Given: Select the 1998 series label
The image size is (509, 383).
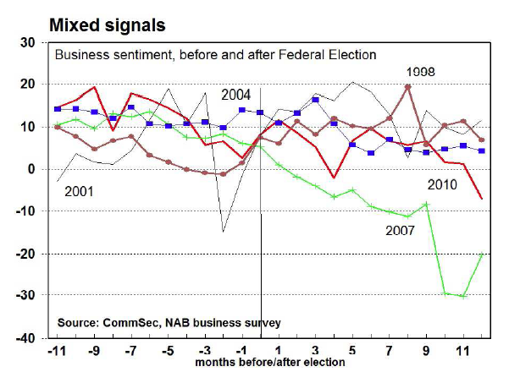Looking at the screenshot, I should pyautogui.click(x=421, y=73).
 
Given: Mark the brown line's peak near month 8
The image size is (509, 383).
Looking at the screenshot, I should pyautogui.click(x=408, y=86).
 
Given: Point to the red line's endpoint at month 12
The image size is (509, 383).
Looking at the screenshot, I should pyautogui.click(x=482, y=199).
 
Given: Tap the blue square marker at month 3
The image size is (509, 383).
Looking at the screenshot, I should pyautogui.click(x=315, y=100).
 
